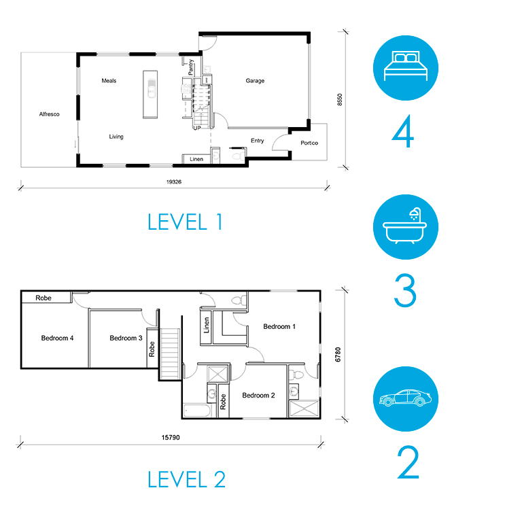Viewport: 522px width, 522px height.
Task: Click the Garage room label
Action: point(255,81)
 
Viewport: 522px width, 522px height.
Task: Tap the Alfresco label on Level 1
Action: point(49,114)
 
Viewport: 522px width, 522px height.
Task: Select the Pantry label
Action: point(191,67)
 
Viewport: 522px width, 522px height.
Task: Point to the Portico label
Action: point(309,143)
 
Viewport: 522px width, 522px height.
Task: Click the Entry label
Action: point(258,141)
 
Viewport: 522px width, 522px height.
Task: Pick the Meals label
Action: point(109,81)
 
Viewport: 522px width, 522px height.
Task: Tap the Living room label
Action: point(116,137)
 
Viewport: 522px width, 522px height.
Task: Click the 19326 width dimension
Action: point(174,181)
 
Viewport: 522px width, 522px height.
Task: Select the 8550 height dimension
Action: point(340,99)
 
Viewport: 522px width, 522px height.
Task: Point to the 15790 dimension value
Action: point(171,438)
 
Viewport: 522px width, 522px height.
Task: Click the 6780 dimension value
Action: point(338,354)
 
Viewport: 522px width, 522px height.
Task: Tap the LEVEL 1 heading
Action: point(185,222)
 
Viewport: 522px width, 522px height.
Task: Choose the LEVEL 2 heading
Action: point(186,479)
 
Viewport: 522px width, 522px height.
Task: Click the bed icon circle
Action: point(406,68)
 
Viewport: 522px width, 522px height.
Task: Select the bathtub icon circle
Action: point(406,227)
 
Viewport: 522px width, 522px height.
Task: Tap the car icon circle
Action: point(406,399)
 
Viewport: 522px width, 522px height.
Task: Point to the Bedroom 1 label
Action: point(279,326)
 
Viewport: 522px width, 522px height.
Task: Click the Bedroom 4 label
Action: point(57,338)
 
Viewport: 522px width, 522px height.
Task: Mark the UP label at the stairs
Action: point(197,128)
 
